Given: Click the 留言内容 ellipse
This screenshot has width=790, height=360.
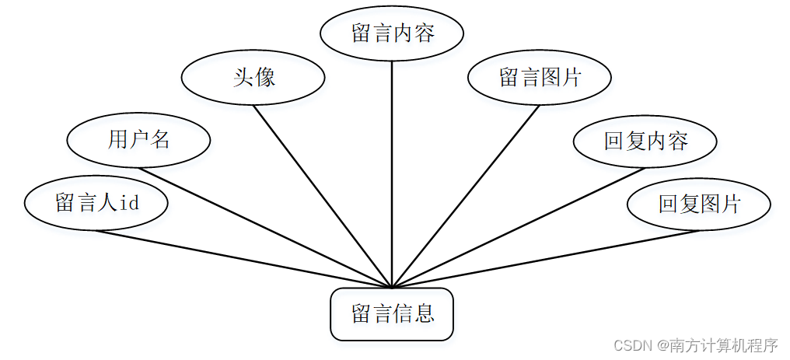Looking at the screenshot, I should click(392, 34).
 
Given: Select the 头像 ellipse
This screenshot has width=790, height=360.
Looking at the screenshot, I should click(253, 77).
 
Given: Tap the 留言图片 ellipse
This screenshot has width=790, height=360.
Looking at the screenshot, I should click(540, 77).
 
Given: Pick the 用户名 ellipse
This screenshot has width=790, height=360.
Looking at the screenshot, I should click(138, 140).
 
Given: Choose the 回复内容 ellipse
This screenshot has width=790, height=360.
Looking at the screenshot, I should click(645, 141).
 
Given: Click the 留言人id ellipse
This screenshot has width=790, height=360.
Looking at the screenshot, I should click(96, 203).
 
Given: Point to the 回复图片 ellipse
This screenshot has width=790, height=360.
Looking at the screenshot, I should click(698, 204).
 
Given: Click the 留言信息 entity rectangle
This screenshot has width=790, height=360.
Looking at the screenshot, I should click(392, 314).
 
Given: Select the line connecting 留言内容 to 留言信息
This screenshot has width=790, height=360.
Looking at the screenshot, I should click(392, 171).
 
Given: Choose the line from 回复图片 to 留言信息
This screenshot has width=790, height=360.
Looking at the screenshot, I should click(544, 259).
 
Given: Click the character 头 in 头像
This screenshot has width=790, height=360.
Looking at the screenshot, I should click(243, 77).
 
